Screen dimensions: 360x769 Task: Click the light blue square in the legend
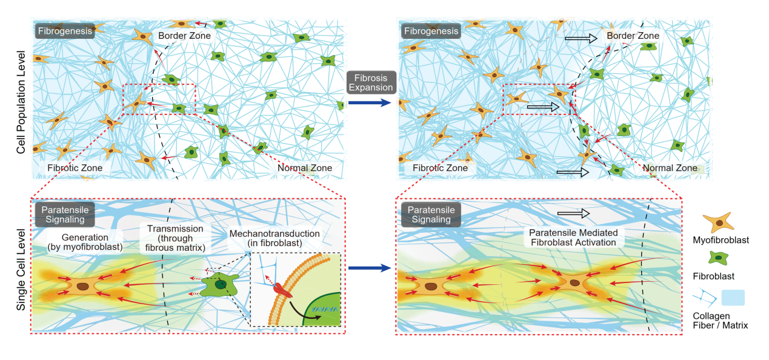pos(733,298)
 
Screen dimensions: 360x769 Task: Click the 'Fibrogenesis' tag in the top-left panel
pos(64,30)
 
